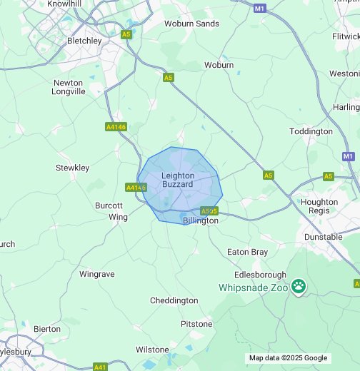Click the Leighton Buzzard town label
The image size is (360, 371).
[177, 180]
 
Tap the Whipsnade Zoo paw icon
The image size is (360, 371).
[298, 287]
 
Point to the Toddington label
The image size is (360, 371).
[311, 131]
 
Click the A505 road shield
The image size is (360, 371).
[209, 211]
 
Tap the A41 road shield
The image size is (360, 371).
[101, 367]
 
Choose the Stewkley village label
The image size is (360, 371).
[73, 168]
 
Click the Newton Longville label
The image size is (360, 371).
[69, 87]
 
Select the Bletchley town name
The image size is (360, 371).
[84, 41]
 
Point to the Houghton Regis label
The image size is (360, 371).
[319, 206]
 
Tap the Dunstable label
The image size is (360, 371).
[323, 237]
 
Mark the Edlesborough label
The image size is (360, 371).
[260, 275]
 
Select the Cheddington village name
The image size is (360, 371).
[174, 300]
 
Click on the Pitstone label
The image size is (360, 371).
[196, 324]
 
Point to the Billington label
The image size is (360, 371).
[201, 221]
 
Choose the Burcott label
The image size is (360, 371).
[109, 205]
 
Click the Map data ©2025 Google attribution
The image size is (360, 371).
[288, 358]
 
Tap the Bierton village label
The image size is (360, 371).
[47, 329]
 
